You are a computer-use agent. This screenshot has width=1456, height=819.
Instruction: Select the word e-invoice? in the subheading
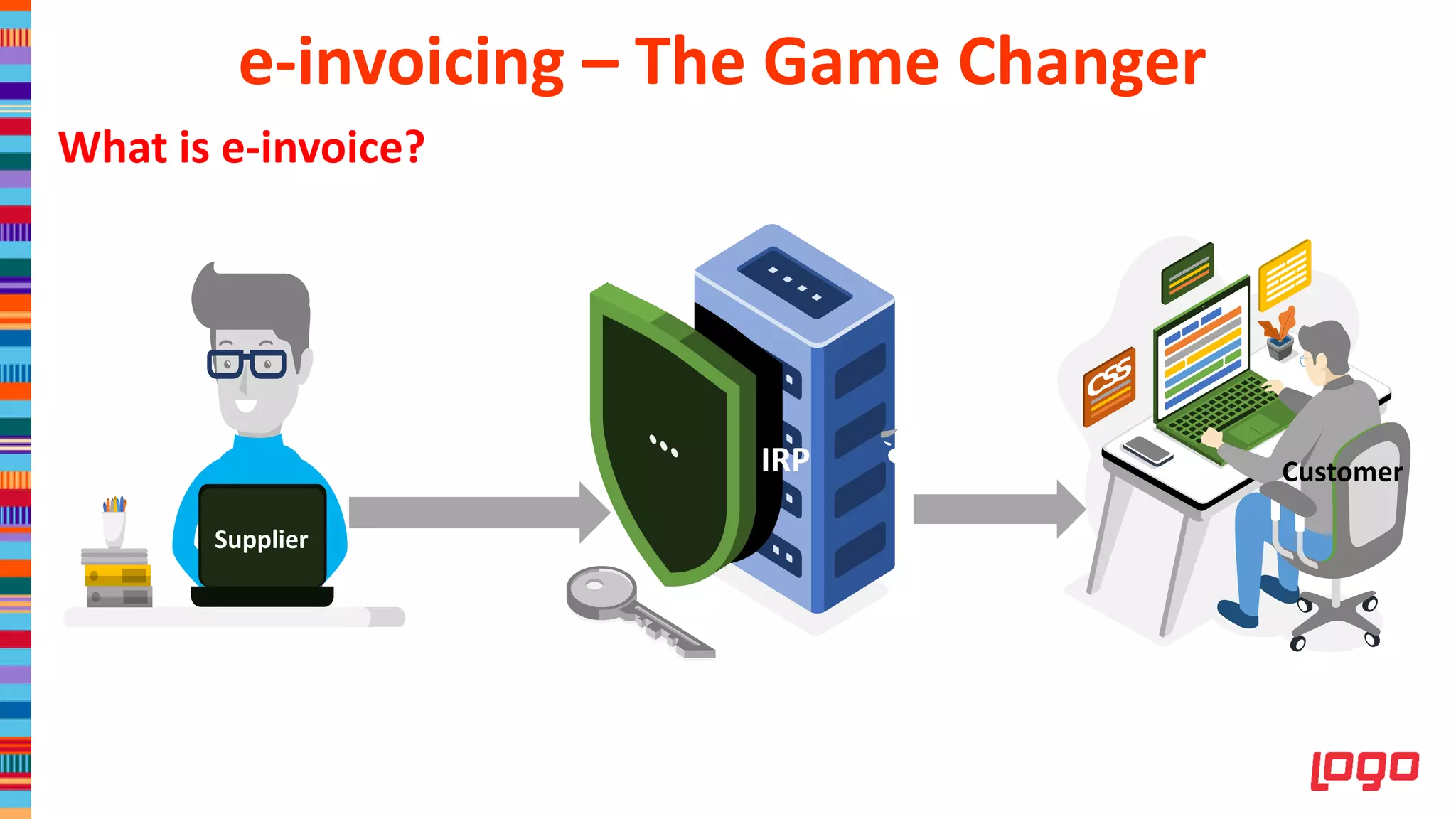tap(323, 148)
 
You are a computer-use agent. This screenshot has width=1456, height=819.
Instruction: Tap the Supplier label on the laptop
tap(261, 540)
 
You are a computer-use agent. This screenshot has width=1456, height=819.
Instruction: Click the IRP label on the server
tap(785, 460)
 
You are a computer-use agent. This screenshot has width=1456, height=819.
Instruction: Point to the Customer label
tap(1342, 472)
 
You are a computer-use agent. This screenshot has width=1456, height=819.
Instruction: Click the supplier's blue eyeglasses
tap(247, 364)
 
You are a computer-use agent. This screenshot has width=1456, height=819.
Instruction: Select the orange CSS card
tap(1108, 387)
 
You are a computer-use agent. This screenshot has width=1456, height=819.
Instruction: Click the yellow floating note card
tap(1284, 274)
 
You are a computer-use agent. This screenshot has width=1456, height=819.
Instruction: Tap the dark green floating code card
tap(1187, 272)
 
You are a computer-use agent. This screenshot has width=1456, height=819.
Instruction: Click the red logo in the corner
tap(1364, 769)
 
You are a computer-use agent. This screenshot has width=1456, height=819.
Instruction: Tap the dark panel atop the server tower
tap(794, 282)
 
